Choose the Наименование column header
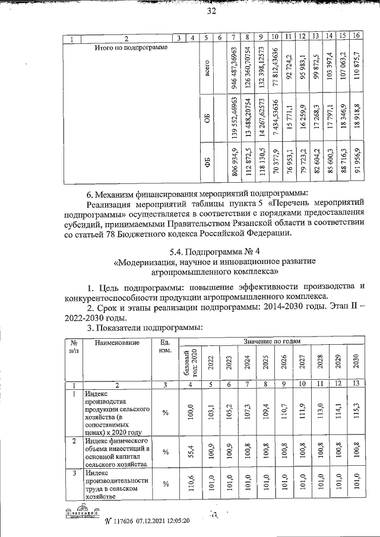(x=116, y=342)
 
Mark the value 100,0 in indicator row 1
(x=191, y=411)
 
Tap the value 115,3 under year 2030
(x=355, y=411)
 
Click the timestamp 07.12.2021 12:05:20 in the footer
(x=160, y=521)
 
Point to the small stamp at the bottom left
(x=80, y=514)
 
